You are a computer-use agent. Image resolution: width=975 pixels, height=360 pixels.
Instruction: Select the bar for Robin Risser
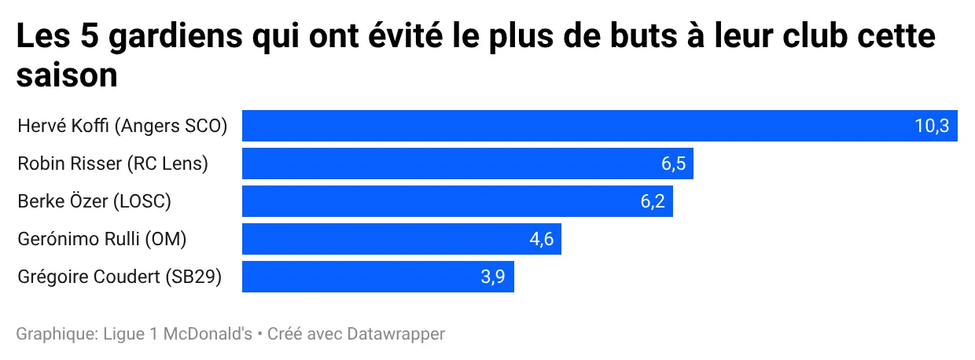tap(467, 163)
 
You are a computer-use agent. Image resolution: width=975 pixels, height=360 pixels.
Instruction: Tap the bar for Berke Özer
tap(457, 201)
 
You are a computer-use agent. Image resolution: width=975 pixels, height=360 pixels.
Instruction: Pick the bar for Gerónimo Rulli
tap(401, 239)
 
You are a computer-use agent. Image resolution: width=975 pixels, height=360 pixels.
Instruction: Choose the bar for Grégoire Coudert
tap(377, 277)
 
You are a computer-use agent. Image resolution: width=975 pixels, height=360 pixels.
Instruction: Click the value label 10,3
tap(932, 126)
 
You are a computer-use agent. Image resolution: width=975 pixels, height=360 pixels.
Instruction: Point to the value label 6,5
tap(674, 163)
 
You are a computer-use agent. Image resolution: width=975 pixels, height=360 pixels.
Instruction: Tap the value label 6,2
tap(653, 201)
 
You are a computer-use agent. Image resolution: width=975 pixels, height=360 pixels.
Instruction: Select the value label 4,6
tap(542, 239)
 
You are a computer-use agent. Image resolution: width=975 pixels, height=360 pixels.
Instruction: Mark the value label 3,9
tap(492, 277)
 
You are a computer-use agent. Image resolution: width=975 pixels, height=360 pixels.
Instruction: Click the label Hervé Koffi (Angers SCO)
tap(122, 126)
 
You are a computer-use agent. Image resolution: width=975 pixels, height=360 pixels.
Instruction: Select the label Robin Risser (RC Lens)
tap(112, 163)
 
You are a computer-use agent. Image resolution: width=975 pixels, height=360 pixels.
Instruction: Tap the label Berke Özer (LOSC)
tap(94, 201)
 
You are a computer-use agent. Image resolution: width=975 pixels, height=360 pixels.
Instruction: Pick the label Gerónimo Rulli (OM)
tap(102, 239)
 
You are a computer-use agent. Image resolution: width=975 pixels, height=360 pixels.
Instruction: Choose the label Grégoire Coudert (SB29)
tap(120, 277)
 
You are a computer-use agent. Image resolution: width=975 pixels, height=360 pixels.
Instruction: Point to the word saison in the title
tap(68, 76)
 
